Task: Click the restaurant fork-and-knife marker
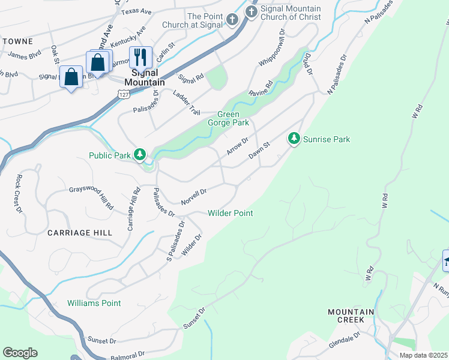tap(140, 58)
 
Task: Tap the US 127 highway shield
tap(123, 95)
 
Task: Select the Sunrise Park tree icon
tap(294, 139)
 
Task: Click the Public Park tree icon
tap(139, 155)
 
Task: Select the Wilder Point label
tap(230, 213)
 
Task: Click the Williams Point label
tap(94, 303)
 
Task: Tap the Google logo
tap(20, 353)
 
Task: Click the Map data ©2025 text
tap(423, 355)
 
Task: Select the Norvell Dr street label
tap(193, 196)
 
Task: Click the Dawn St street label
tap(261, 151)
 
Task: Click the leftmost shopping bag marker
tap(71, 77)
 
